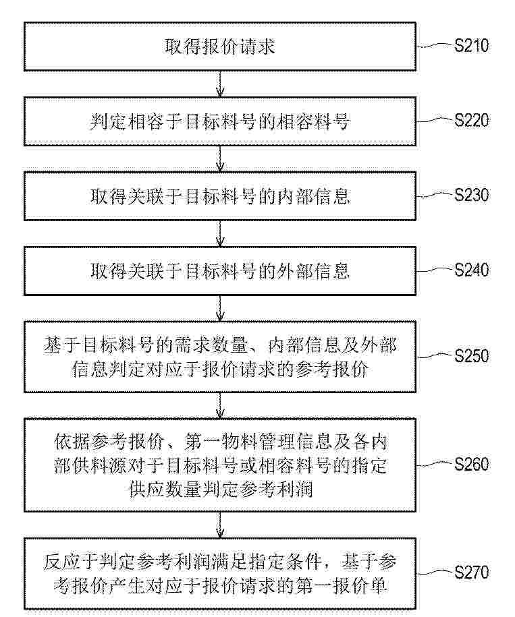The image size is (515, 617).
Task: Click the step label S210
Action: click(x=472, y=46)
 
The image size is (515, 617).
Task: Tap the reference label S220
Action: click(x=472, y=121)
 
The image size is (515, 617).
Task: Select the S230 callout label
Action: click(x=472, y=195)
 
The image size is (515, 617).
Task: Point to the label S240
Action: click(x=472, y=270)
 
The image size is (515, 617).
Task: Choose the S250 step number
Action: click(x=472, y=356)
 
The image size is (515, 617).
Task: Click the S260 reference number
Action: click(x=472, y=465)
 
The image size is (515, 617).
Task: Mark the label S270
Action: click(x=472, y=572)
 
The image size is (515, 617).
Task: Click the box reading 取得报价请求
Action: click(x=220, y=47)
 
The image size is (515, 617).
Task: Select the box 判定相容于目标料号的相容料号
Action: click(x=220, y=121)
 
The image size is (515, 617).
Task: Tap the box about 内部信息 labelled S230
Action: click(x=220, y=196)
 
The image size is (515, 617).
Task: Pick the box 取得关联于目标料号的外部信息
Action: click(x=220, y=270)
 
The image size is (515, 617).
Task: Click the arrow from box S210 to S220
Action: click(x=220, y=84)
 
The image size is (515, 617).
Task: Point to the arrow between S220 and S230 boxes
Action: click(x=220, y=159)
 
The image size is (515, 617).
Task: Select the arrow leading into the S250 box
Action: click(x=220, y=308)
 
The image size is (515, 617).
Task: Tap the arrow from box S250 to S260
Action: click(x=220, y=405)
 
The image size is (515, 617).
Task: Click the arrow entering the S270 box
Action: click(x=220, y=525)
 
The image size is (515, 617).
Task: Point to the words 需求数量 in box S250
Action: click(x=211, y=345)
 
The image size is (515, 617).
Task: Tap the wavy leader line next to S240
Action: click(x=434, y=270)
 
